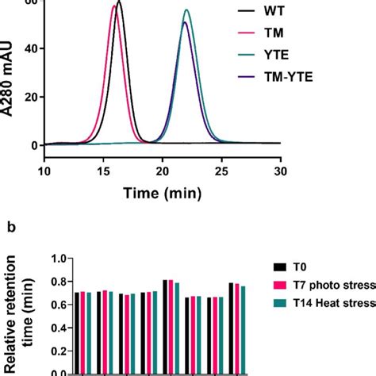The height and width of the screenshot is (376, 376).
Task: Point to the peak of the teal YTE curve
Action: click(x=186, y=10)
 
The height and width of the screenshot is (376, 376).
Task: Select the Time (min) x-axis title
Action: click(x=163, y=191)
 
